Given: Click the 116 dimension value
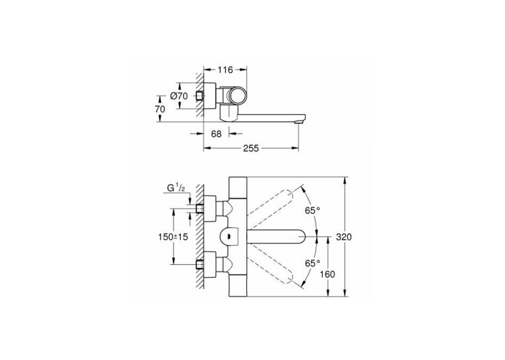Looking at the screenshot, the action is click(x=225, y=69).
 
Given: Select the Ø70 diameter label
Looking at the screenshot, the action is click(x=179, y=96).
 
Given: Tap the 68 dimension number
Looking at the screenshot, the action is click(x=216, y=133).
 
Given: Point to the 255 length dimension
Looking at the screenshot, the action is click(x=251, y=148).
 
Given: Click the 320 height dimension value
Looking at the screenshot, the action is click(x=344, y=237).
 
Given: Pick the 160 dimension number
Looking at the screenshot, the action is click(x=327, y=274).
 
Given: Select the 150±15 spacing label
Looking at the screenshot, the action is click(x=173, y=237).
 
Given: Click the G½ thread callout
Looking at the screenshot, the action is click(x=176, y=188).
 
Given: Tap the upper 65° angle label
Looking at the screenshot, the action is click(x=313, y=211).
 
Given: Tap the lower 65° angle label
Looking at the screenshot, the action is click(x=313, y=263).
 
